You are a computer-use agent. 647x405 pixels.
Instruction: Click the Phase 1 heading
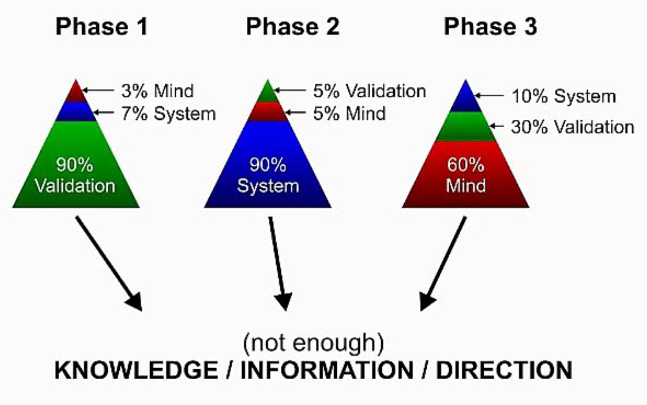pyautogui.click(x=101, y=26)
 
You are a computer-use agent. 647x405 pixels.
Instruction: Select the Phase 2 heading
pyautogui.click(x=293, y=26)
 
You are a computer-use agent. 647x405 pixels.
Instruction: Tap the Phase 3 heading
pyautogui.click(x=490, y=26)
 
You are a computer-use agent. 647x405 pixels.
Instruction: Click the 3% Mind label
pyautogui.click(x=157, y=91)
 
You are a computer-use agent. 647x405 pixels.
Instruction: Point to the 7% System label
pyautogui.click(x=168, y=113)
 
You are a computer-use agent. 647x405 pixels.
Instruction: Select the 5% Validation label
pyautogui.click(x=369, y=91)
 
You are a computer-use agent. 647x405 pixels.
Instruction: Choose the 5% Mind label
pyautogui.click(x=349, y=113)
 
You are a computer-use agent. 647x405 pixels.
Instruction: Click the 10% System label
pyautogui.click(x=563, y=96)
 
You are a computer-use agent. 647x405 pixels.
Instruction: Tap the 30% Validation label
pyautogui.click(x=572, y=127)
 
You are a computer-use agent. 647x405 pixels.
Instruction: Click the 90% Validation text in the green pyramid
pyautogui.click(x=75, y=175)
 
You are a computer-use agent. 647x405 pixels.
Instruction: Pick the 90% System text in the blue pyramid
pyautogui.click(x=268, y=175)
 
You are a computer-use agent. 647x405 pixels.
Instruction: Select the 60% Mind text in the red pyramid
pyautogui.click(x=466, y=175)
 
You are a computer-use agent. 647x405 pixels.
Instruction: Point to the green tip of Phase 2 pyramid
pyautogui.click(x=268, y=93)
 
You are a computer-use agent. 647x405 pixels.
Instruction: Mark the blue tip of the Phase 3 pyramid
pyautogui.click(x=466, y=99)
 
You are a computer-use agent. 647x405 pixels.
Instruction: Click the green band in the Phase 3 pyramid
pyautogui.click(x=466, y=127)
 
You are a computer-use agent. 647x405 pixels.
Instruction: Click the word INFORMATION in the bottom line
pyautogui.click(x=327, y=371)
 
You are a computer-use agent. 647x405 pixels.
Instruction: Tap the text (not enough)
pyautogui.click(x=313, y=343)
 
